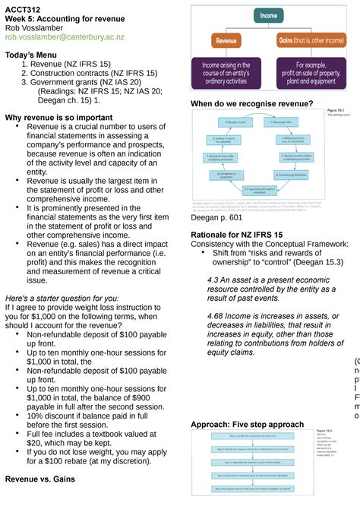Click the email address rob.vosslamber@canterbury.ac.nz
pos(65,36)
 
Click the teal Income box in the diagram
pos(269,15)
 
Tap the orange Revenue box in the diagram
pos(226,40)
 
